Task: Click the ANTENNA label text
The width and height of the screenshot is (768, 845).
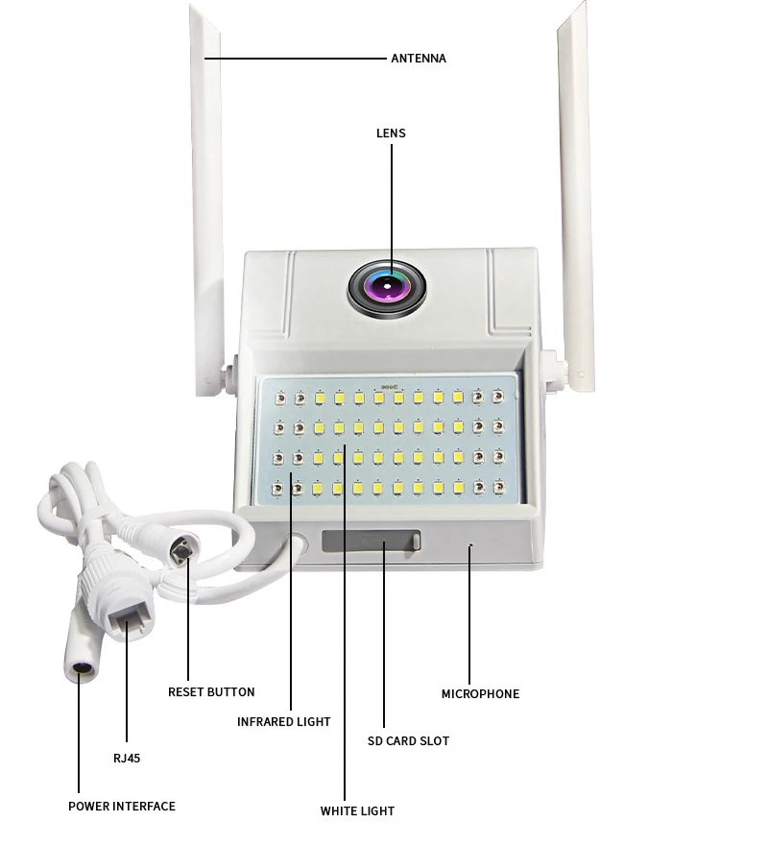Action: click(x=418, y=59)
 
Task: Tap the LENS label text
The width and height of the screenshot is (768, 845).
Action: click(x=391, y=133)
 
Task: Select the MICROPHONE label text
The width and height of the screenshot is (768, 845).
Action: click(x=480, y=694)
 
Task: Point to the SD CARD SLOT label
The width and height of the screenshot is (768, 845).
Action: click(x=408, y=741)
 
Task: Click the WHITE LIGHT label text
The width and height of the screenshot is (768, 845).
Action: click(x=357, y=811)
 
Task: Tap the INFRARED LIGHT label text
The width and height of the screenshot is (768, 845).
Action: click(x=283, y=722)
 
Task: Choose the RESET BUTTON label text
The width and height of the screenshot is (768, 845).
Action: click(x=211, y=692)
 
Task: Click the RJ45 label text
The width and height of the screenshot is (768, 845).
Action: click(x=126, y=759)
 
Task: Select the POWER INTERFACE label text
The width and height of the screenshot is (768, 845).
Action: click(x=122, y=807)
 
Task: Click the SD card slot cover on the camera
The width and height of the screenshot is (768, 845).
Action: click(x=371, y=543)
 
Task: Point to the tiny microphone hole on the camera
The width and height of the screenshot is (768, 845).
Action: click(x=470, y=546)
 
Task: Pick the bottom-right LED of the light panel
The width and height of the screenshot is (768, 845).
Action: click(x=497, y=488)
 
